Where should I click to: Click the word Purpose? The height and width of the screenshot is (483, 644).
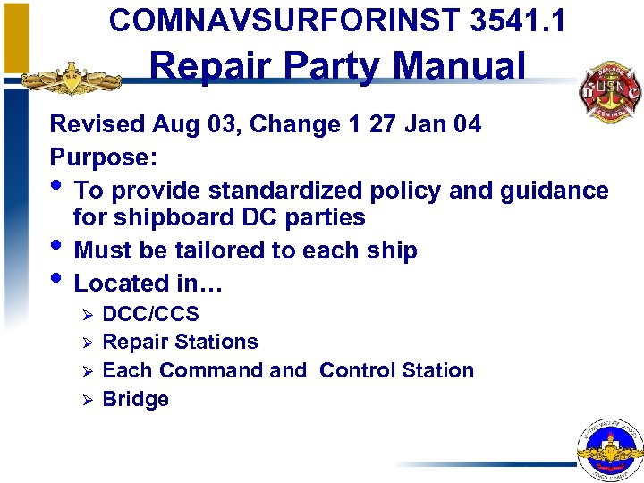tap(104, 157)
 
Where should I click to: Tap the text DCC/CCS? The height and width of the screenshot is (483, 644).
tap(151, 314)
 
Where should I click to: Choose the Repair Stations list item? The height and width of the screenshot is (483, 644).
tap(181, 342)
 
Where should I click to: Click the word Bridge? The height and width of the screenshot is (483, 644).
tap(136, 399)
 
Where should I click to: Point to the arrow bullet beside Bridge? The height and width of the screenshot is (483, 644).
tap(87, 400)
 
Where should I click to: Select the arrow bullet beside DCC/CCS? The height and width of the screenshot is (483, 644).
tap(87, 315)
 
